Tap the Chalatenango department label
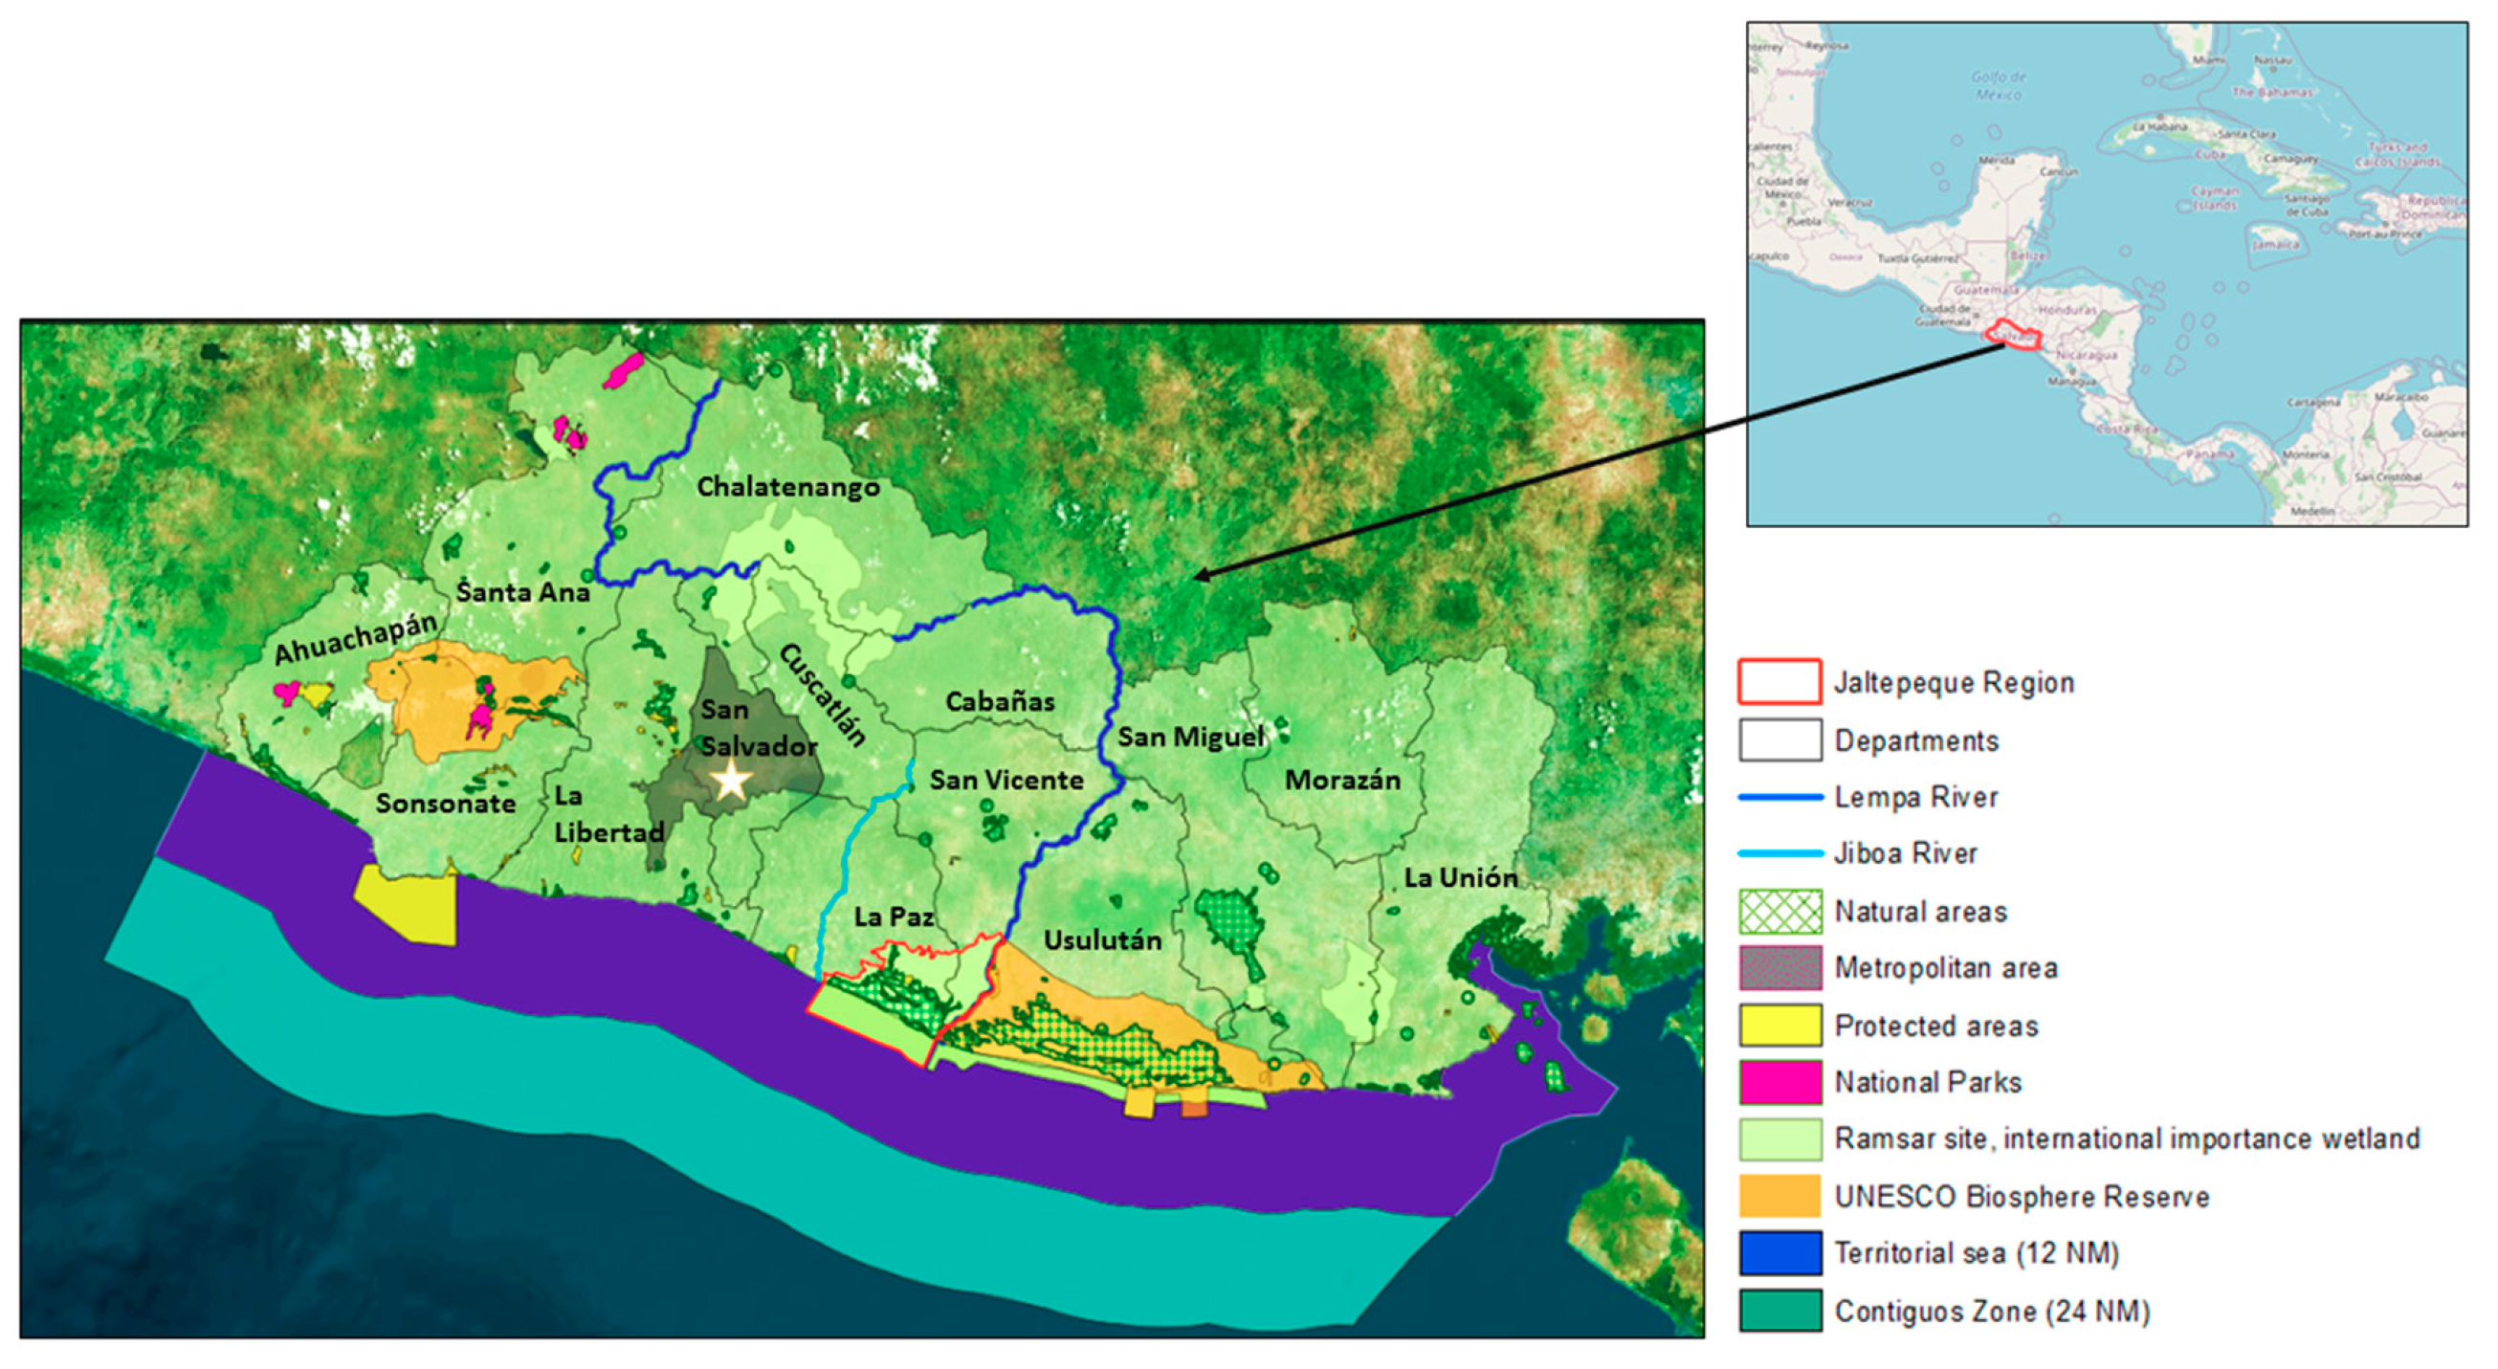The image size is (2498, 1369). coord(787,487)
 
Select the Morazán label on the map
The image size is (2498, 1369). coord(1342,780)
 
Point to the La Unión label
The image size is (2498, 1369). coord(1460,877)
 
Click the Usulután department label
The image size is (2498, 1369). coord(1101,939)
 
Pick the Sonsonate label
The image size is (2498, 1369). coord(445,803)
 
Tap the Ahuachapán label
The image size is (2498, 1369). coord(355,639)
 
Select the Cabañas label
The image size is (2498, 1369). coord(1000,701)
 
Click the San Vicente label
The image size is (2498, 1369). coord(1006,780)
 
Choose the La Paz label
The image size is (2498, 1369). coord(894,916)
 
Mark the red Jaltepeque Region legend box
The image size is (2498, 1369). coord(1779,681)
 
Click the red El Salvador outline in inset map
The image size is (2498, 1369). coord(2012,336)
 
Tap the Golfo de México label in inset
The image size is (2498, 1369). coord(1999,85)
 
